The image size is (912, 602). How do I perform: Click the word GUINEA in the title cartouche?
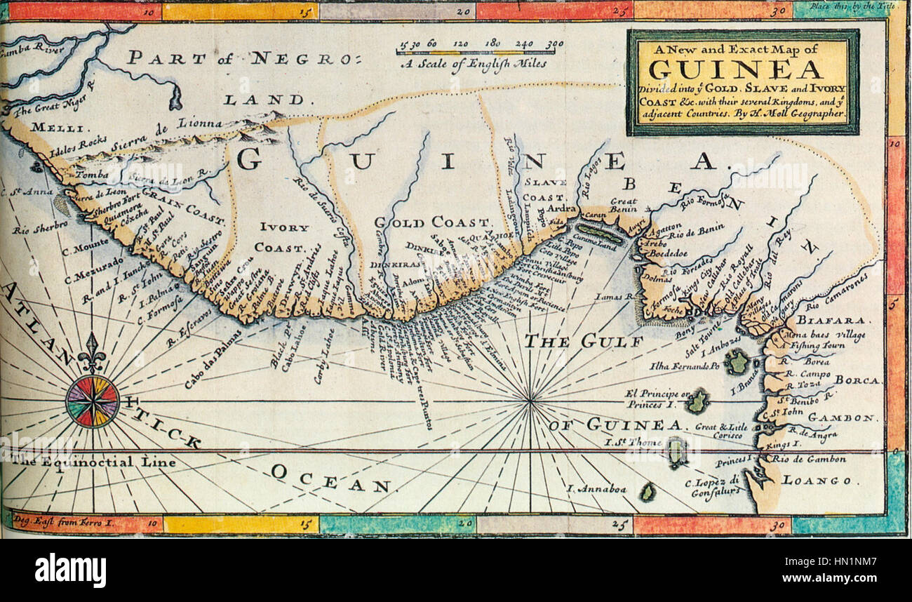[735, 69]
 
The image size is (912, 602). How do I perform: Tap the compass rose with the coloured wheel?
[93, 401]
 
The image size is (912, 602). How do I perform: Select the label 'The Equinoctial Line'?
[93, 462]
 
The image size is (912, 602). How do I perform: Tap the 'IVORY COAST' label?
[283, 237]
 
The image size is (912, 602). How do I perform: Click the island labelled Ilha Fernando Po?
[737, 362]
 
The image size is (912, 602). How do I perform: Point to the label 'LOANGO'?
[819, 481]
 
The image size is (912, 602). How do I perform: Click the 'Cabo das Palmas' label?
[213, 359]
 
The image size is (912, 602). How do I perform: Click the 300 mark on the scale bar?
[554, 43]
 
